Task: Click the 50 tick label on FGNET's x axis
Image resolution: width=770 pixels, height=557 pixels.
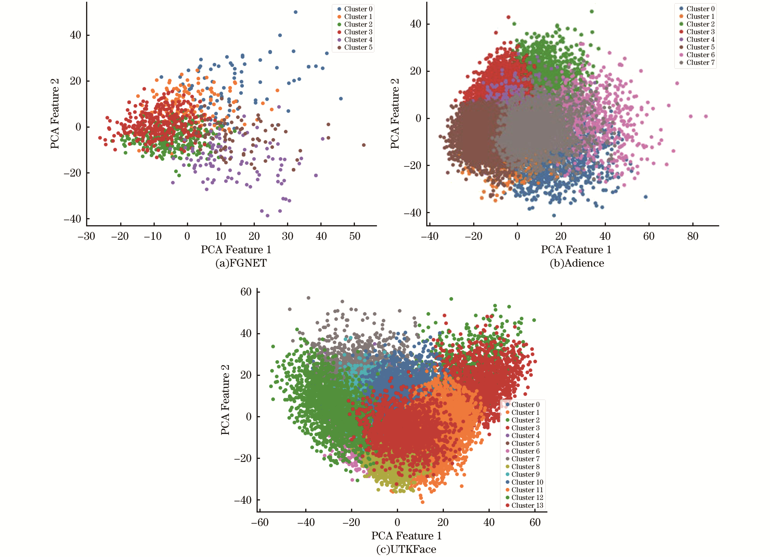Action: [355, 236]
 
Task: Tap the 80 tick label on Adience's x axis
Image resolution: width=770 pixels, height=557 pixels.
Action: [693, 236]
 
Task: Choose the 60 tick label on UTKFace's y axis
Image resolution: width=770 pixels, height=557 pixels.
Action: [246, 292]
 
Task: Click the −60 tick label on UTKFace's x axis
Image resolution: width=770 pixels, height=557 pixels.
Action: [260, 522]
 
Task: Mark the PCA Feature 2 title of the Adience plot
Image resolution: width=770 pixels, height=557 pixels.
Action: [395, 114]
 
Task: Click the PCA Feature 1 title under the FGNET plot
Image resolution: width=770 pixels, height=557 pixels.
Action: [236, 250]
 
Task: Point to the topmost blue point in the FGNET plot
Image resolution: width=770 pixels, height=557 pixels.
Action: [295, 12]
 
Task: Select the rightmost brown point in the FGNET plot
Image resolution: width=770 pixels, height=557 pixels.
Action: [364, 145]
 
